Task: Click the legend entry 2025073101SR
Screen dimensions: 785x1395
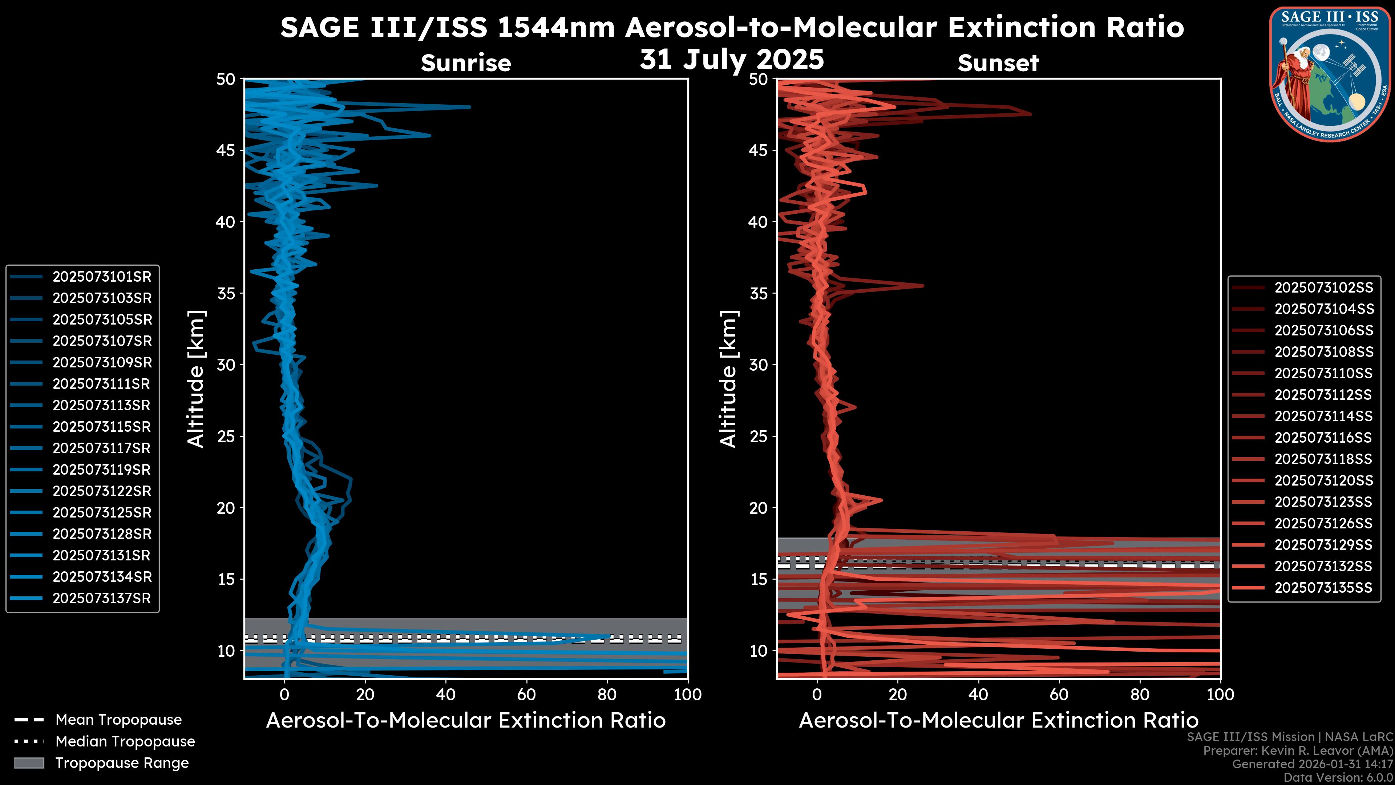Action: pos(102,277)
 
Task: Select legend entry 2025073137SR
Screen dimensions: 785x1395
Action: pos(102,599)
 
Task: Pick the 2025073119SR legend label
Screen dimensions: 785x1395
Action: pos(102,470)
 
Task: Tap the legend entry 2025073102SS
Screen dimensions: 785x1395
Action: pos(1323,288)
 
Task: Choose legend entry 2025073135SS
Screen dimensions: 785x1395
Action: pos(1323,588)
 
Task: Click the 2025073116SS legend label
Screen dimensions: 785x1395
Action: pos(1323,438)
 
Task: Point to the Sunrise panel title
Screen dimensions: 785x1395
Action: pos(466,63)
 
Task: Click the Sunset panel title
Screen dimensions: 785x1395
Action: pos(998,63)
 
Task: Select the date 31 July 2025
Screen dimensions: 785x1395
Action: pos(732,60)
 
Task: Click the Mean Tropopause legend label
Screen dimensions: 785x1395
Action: pos(118,720)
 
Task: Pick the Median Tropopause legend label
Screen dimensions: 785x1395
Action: pos(125,742)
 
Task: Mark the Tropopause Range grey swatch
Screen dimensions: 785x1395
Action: pos(29,763)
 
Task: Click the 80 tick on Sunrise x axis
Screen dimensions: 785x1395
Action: pos(607,695)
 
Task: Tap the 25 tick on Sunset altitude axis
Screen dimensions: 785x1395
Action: pos(759,436)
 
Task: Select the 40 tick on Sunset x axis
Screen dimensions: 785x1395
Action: pos(978,695)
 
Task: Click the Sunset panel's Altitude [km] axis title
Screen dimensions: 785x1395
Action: pos(728,379)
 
